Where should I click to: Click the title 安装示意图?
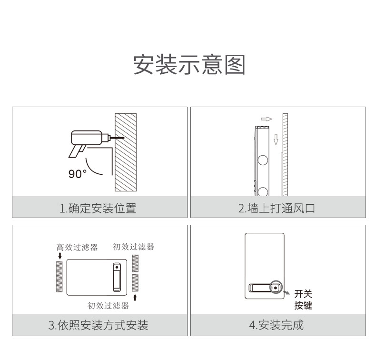[x=189, y=64]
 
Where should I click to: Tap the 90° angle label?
[x=78, y=174]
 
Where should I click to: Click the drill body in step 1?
[x=87, y=138]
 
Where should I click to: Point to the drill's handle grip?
[x=77, y=151]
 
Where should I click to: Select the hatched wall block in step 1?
[x=126, y=152]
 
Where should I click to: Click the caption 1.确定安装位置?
[x=98, y=208]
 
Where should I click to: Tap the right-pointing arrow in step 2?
[x=267, y=119]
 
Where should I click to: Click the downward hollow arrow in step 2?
[x=276, y=140]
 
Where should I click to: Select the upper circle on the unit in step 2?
[x=263, y=160]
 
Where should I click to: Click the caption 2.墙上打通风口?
[x=277, y=208]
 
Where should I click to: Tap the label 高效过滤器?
[x=77, y=247]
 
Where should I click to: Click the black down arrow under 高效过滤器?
[x=59, y=256]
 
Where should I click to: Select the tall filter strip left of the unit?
[x=59, y=277]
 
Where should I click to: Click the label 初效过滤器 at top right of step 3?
[x=134, y=247]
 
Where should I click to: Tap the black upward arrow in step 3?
[x=135, y=298]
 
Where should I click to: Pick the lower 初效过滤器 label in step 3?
[x=108, y=306]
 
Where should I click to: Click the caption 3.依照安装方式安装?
[x=99, y=325]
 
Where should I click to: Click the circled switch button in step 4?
[x=276, y=287]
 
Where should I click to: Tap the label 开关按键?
[x=303, y=300]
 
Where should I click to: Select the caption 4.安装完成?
[x=277, y=325]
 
